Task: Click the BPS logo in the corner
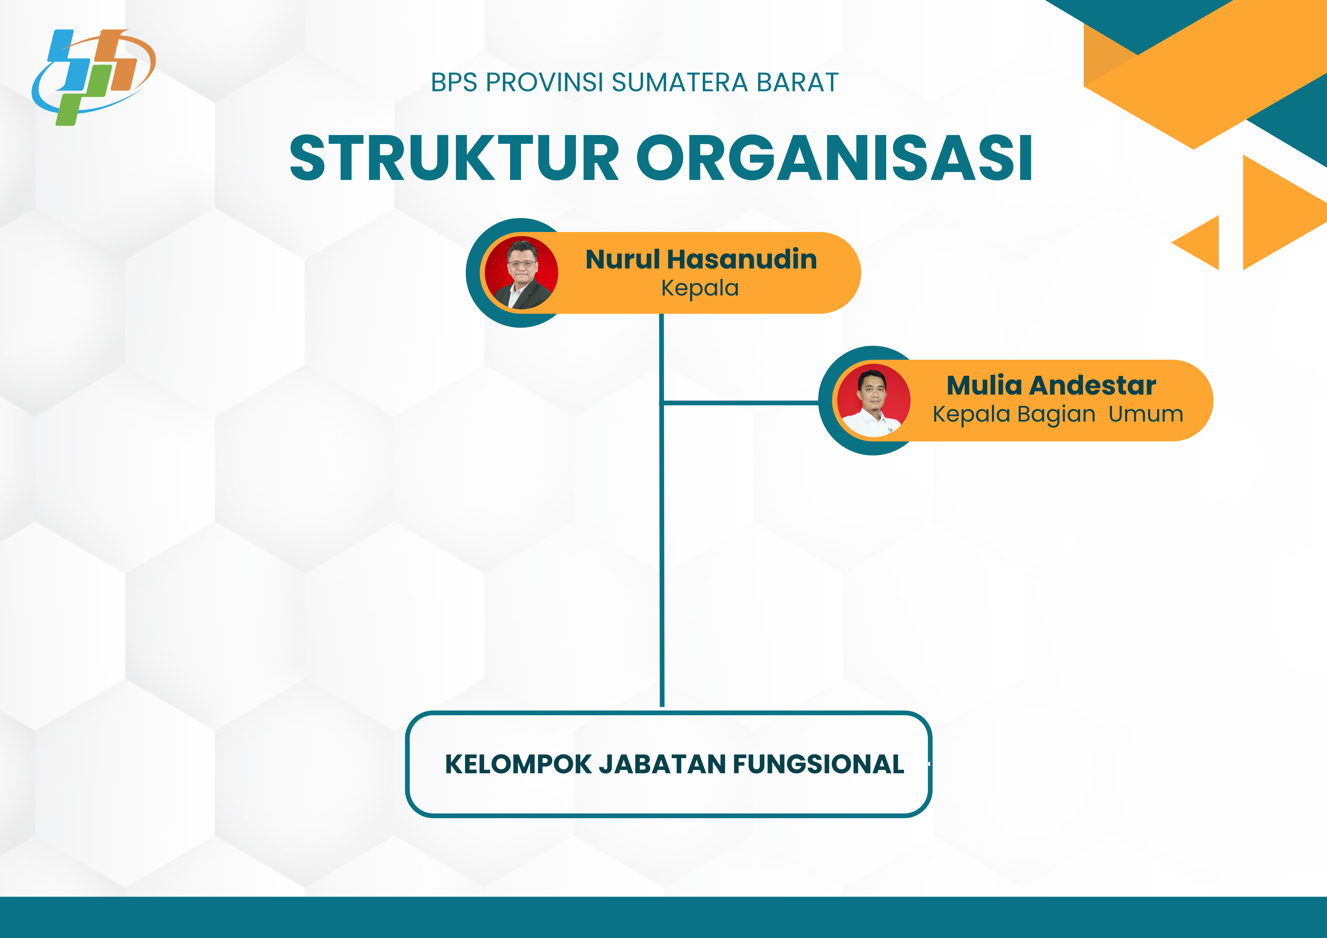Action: click(x=94, y=77)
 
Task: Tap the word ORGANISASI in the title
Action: click(x=835, y=158)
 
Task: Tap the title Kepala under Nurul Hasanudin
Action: click(x=700, y=288)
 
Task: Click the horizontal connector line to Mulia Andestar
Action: click(x=740, y=403)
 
